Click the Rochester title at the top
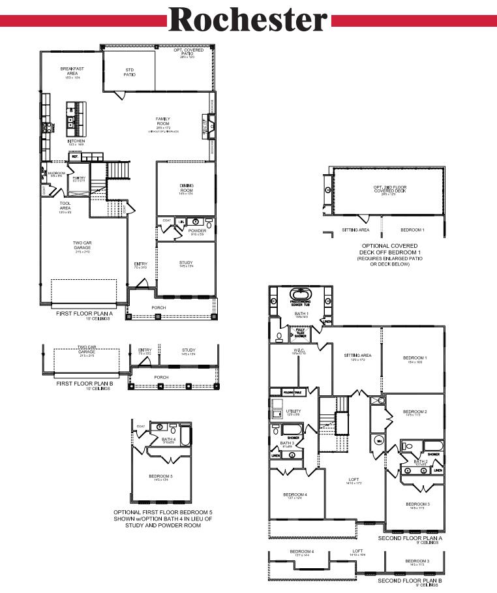(x=248, y=21)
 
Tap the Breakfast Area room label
(x=72, y=70)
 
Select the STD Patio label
(x=129, y=72)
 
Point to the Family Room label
(x=162, y=121)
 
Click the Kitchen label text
(x=76, y=141)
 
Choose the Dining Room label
(x=187, y=188)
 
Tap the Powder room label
(x=197, y=230)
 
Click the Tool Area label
(x=65, y=205)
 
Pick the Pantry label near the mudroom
(x=79, y=177)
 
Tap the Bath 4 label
(x=169, y=439)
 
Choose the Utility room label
(x=294, y=412)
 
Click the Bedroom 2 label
(x=415, y=412)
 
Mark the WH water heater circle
(x=378, y=440)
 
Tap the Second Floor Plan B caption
(x=410, y=580)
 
